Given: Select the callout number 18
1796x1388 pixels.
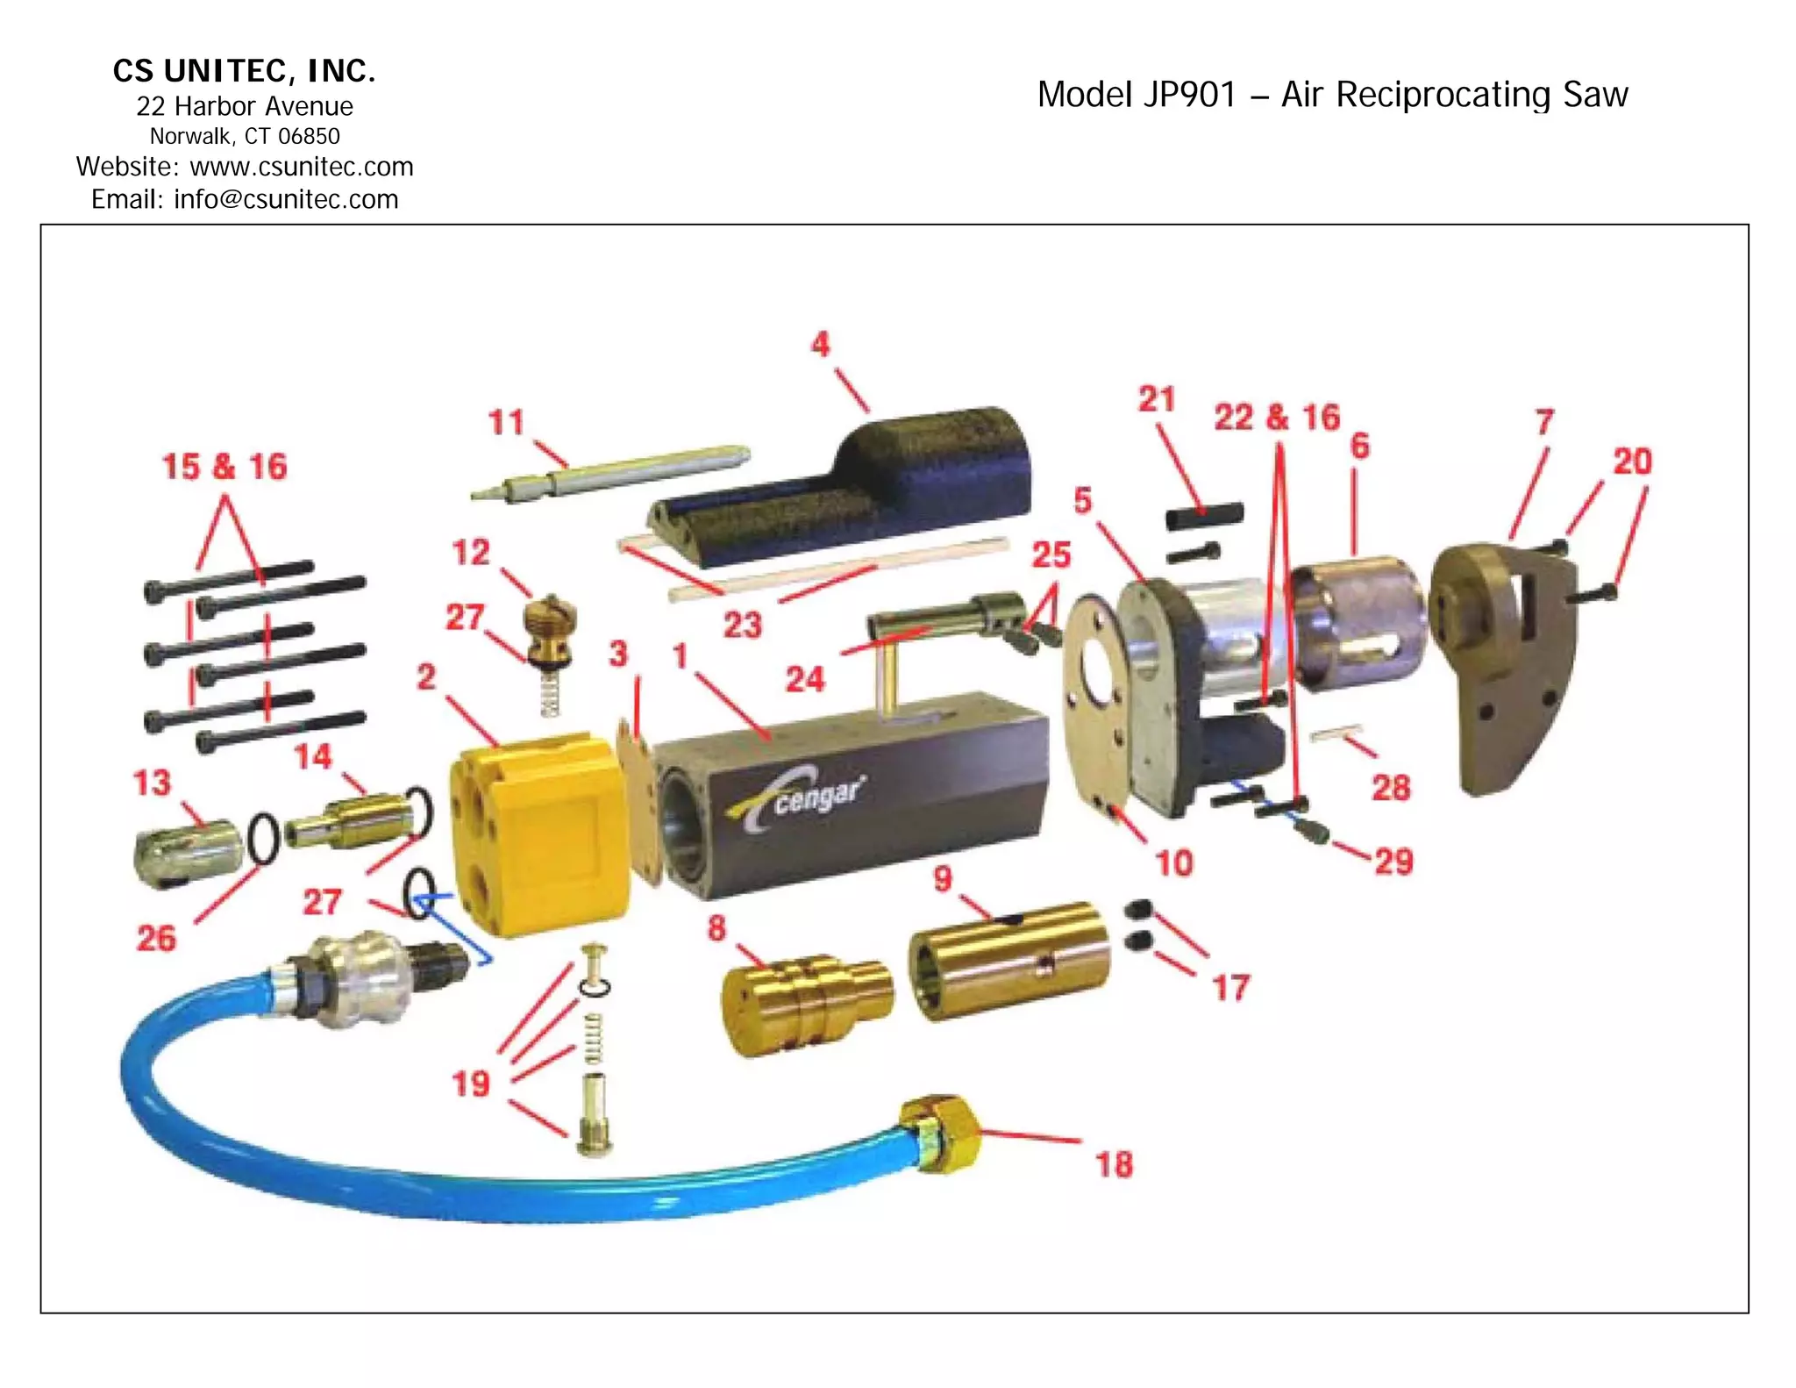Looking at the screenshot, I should coord(1114,1164).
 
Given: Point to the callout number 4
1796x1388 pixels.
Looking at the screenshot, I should coord(820,344).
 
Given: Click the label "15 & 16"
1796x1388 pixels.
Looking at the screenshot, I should coord(224,467).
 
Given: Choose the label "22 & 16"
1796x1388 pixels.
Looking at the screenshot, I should coord(1277,418).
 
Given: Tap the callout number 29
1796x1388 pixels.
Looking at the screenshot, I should coord(1393,861).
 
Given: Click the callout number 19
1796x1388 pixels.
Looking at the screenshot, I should coord(471,1084).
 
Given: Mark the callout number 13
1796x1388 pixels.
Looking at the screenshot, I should coord(152,783).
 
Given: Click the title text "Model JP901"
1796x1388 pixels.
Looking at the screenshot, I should coord(1137,95).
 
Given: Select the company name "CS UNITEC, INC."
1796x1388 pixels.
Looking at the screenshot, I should coord(245,71).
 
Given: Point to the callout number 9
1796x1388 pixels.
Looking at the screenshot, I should coord(943,877).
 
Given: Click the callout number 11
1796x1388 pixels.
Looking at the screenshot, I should coord(506,422).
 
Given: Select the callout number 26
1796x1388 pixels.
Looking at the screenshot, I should coord(156,938).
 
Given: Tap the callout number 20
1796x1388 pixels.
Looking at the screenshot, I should coord(1632,461).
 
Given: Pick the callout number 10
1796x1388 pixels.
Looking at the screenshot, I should coord(1174,862).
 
